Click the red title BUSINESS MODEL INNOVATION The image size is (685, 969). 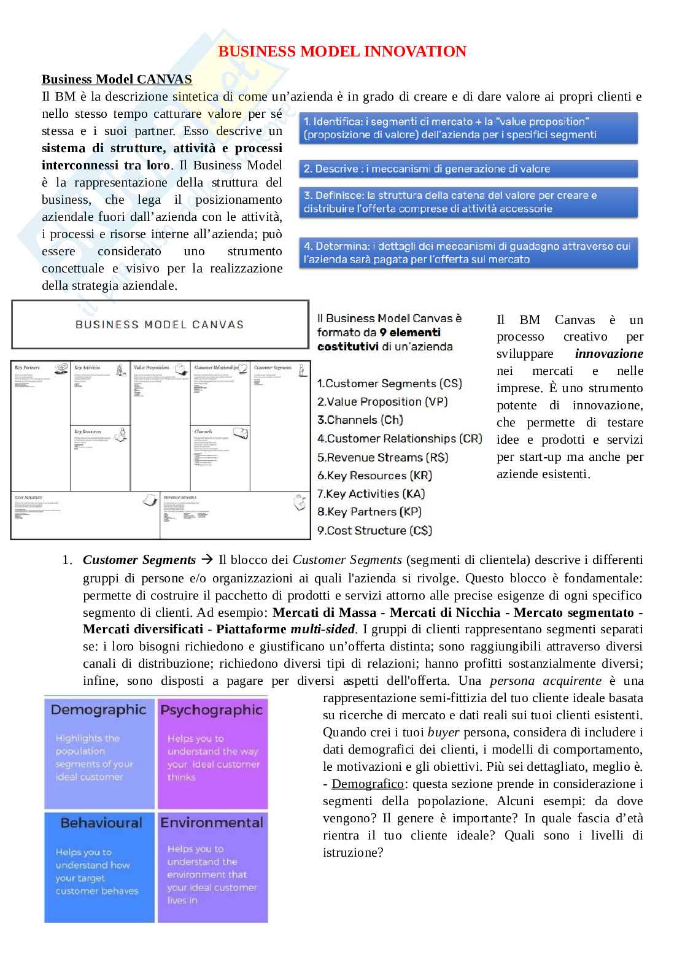[x=342, y=52]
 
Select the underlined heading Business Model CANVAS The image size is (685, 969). [x=117, y=79]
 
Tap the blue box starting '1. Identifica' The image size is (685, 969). [x=468, y=128]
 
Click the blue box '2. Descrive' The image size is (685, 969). [x=468, y=169]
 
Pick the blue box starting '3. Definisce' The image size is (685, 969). [x=468, y=202]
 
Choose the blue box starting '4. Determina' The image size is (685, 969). [x=468, y=253]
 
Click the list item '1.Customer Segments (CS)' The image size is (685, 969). [x=389, y=384]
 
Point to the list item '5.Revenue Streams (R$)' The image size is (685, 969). [x=382, y=457]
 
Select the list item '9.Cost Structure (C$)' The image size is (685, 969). [x=374, y=530]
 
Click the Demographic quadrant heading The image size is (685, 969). [x=98, y=710]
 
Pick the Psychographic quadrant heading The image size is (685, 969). [x=211, y=710]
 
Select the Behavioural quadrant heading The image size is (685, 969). [x=101, y=823]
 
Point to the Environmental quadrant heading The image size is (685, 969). [x=211, y=823]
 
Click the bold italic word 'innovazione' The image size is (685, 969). [x=609, y=354]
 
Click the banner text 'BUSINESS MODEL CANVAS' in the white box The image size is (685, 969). [x=160, y=325]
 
